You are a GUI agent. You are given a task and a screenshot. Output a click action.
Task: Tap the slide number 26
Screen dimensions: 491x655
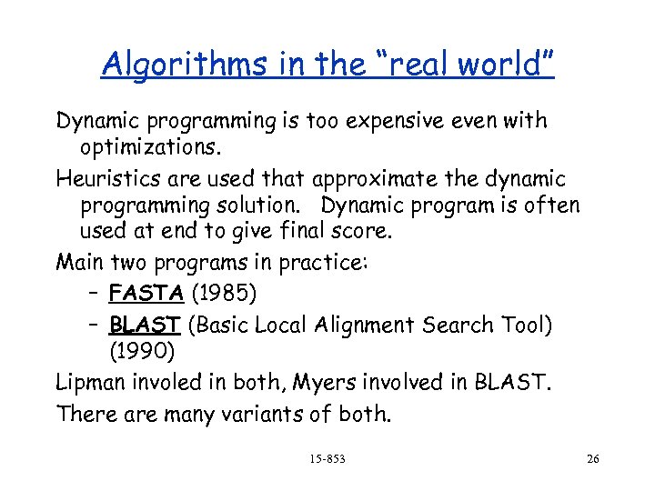(x=593, y=459)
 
